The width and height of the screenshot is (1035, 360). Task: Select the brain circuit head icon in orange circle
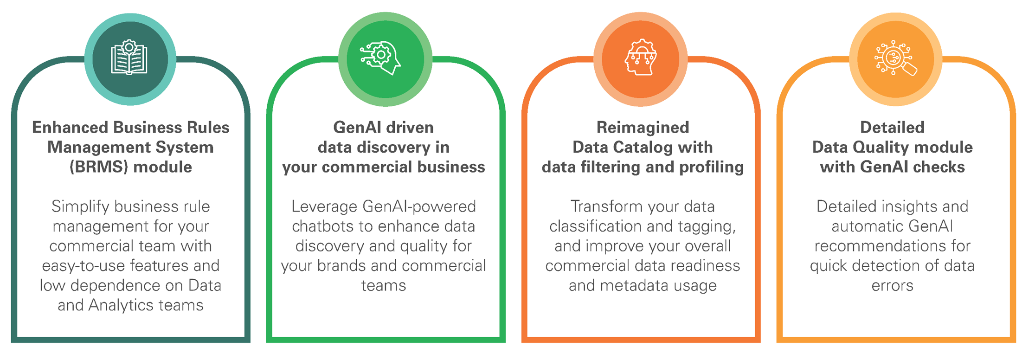click(641, 58)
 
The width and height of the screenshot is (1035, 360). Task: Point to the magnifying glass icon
click(896, 58)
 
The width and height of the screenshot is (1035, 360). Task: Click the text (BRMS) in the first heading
click(98, 167)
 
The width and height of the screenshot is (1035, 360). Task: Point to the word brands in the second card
click(342, 266)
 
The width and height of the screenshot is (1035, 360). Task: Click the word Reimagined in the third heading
click(643, 128)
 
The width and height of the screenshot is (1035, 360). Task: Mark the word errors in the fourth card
click(892, 286)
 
